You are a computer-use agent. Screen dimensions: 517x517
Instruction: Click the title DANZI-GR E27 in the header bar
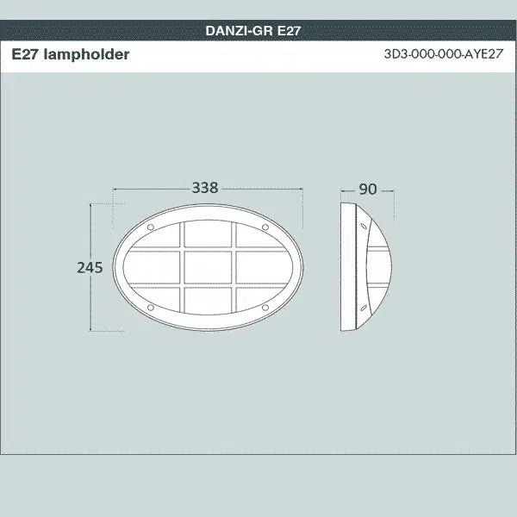(x=252, y=30)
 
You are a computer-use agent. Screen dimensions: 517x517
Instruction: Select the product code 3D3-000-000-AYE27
(x=443, y=55)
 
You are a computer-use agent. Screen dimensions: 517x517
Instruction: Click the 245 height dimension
(x=90, y=267)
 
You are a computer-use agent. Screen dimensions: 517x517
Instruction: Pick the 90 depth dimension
(x=368, y=189)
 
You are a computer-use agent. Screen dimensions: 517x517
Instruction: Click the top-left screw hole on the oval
(x=152, y=228)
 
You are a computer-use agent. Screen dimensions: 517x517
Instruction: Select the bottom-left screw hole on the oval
(x=152, y=307)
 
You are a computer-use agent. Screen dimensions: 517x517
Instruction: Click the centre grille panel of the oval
(x=208, y=267)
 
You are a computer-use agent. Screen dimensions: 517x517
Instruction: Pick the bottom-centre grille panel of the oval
(x=208, y=299)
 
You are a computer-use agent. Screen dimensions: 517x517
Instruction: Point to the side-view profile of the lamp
(x=366, y=267)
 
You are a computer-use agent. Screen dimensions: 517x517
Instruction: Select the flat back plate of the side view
(x=346, y=267)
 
